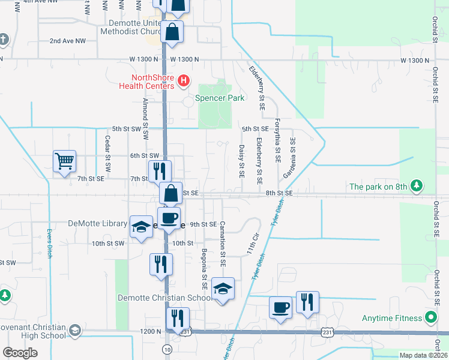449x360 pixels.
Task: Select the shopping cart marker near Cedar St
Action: point(64,161)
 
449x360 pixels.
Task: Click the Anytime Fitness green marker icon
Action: point(431,317)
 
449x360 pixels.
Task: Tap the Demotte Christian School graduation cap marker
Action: point(223,289)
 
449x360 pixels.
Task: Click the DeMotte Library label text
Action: point(106,224)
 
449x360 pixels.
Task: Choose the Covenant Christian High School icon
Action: point(75,331)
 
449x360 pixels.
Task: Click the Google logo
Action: point(20,353)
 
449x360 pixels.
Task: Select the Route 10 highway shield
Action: point(166,349)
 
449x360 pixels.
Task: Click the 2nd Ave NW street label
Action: point(68,41)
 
